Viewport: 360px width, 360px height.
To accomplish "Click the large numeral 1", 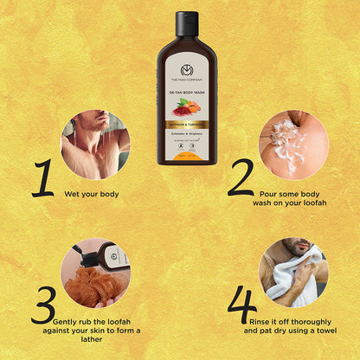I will pos(42,177).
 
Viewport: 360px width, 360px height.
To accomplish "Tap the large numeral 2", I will pos(241,177).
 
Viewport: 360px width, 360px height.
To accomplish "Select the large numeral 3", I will pos(42,305).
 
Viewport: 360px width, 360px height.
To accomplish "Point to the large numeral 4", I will pos(241,305).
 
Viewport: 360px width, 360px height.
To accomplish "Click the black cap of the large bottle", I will pos(187,23).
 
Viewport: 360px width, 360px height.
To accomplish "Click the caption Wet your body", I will pos(92,195).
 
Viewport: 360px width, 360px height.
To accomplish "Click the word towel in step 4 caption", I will pos(326,331).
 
